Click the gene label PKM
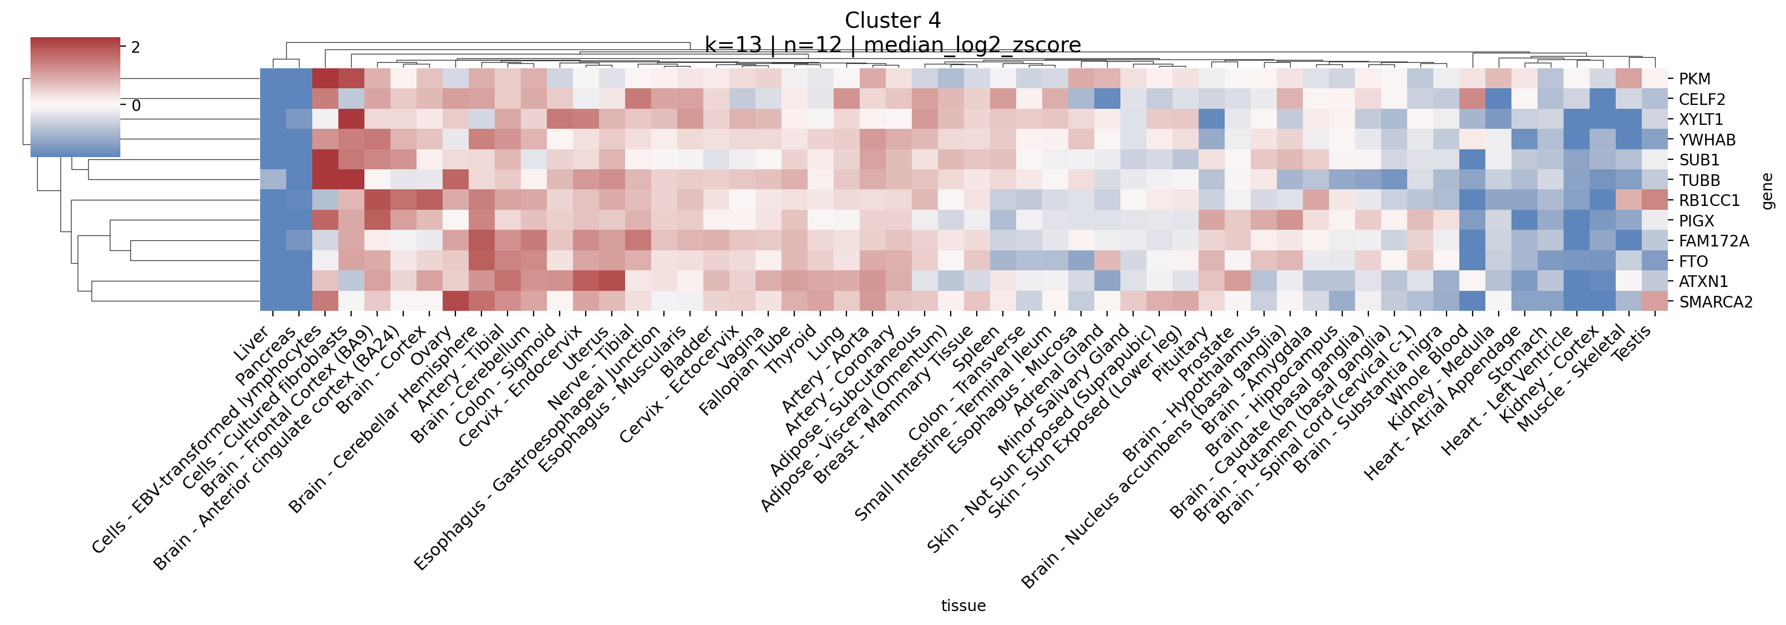[1694, 79]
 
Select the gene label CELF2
[1702, 99]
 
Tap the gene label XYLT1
[1700, 119]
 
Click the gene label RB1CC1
[1708, 200]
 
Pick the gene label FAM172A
[1713, 241]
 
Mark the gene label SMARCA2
[1715, 302]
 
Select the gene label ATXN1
[1702, 281]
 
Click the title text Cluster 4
[892, 20]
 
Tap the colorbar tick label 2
[136, 47]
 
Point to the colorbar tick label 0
[136, 105]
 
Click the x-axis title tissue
[963, 606]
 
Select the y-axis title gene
[1767, 191]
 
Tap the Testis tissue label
[1631, 342]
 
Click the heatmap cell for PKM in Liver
[273, 78]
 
